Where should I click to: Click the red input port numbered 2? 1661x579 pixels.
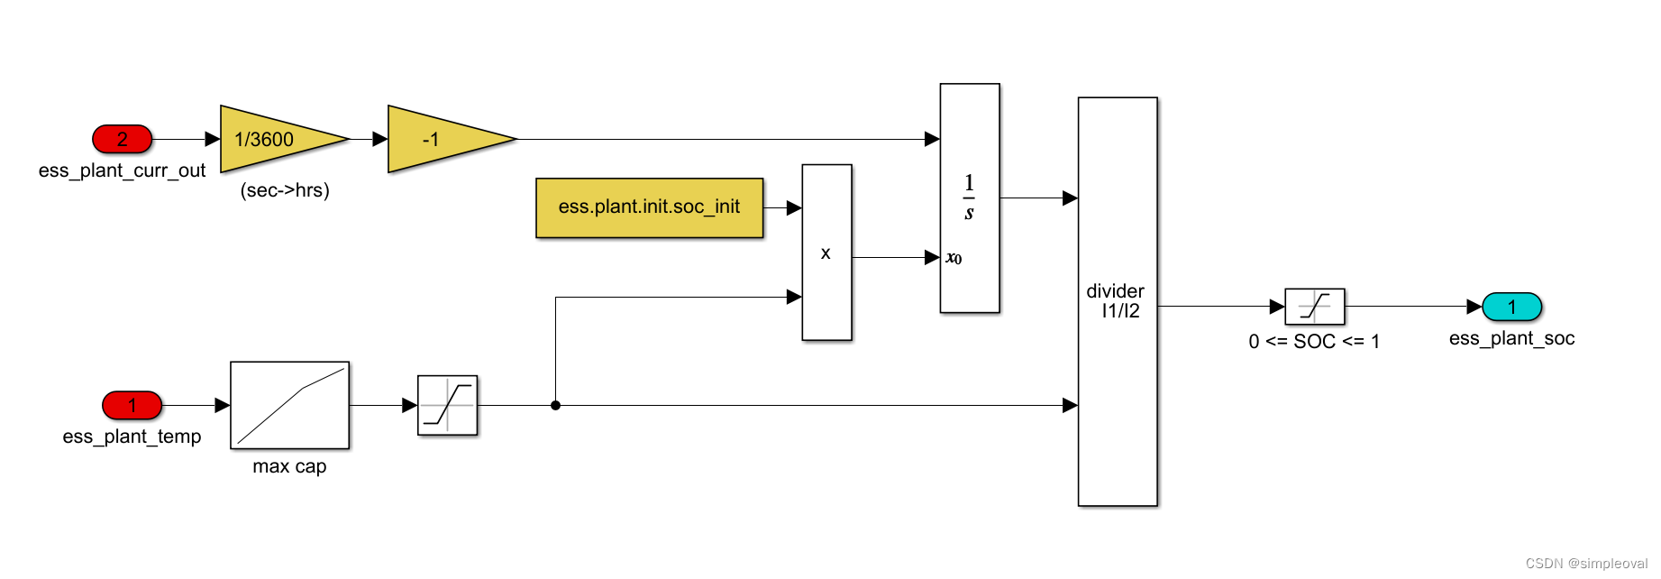click(123, 139)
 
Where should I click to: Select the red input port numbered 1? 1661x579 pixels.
click(132, 405)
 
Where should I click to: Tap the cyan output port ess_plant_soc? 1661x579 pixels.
click(1512, 307)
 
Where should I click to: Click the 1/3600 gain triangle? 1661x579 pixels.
click(284, 139)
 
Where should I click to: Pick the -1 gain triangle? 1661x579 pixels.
click(452, 139)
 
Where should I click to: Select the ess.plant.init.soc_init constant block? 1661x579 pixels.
click(650, 207)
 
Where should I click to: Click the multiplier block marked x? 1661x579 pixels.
click(826, 253)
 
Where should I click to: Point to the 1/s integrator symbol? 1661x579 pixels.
click(969, 198)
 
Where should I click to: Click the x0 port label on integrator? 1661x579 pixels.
click(954, 258)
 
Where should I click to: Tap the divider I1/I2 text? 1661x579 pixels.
click(1116, 301)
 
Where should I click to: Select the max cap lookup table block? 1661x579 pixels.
click(289, 405)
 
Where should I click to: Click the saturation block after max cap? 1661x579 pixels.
click(448, 405)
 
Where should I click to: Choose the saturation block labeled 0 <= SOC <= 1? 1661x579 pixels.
click(1314, 307)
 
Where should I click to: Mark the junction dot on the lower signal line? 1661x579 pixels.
click(556, 405)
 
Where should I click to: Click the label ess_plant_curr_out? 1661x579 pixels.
click(122, 170)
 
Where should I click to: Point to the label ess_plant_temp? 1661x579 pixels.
click(132, 437)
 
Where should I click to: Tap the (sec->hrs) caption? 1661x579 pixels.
click(285, 190)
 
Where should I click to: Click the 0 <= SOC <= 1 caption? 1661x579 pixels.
click(1314, 342)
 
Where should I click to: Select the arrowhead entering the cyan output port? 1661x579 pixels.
click(1474, 307)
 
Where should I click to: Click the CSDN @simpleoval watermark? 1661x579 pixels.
click(1586, 564)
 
